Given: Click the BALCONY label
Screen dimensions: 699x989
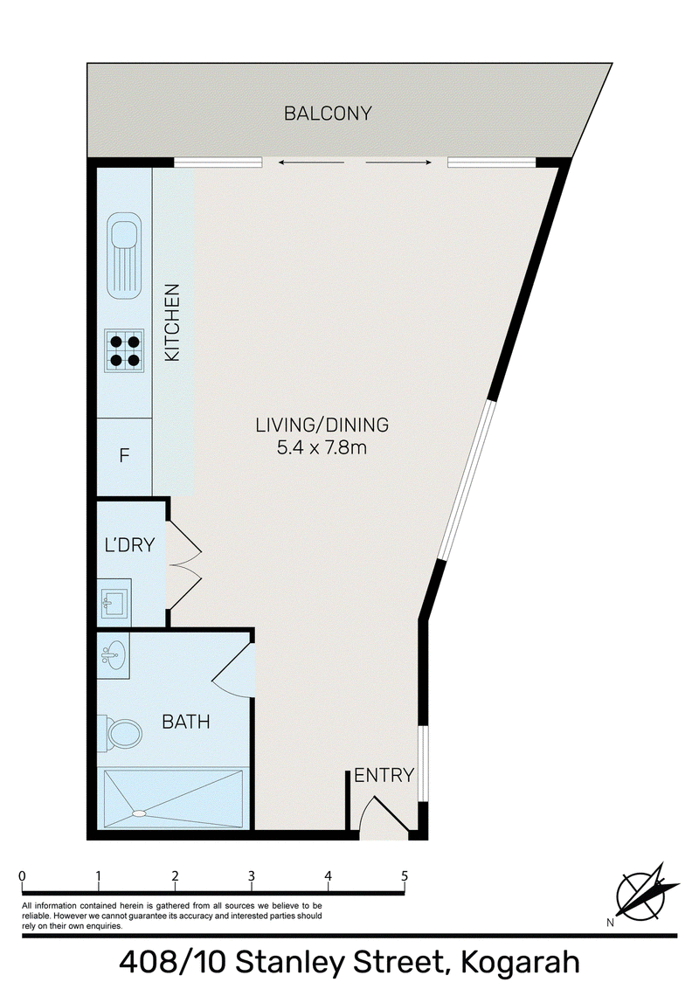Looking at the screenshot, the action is (328, 114).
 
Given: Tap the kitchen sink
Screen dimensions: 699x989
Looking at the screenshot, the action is (124, 255).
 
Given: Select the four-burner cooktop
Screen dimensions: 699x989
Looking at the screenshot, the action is (124, 350).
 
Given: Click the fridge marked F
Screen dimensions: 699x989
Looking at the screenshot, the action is (124, 455).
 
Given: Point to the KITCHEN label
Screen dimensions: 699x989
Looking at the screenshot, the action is (172, 322).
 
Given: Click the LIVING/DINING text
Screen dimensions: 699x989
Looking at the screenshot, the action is (322, 425).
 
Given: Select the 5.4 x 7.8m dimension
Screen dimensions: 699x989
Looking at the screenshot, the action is (322, 448).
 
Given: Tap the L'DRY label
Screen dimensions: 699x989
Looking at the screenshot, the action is (130, 545).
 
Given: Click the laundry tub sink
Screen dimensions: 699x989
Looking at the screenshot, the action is (114, 602).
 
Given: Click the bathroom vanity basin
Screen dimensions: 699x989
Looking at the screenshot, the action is (113, 655).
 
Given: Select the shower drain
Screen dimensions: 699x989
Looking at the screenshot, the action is (140, 813).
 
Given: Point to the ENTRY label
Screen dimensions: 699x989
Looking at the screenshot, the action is (384, 775).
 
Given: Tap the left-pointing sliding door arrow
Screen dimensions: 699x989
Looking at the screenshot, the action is (311, 163).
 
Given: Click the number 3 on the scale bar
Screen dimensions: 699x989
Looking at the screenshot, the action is (251, 876).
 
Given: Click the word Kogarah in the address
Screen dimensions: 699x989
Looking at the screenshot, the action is (521, 963).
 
